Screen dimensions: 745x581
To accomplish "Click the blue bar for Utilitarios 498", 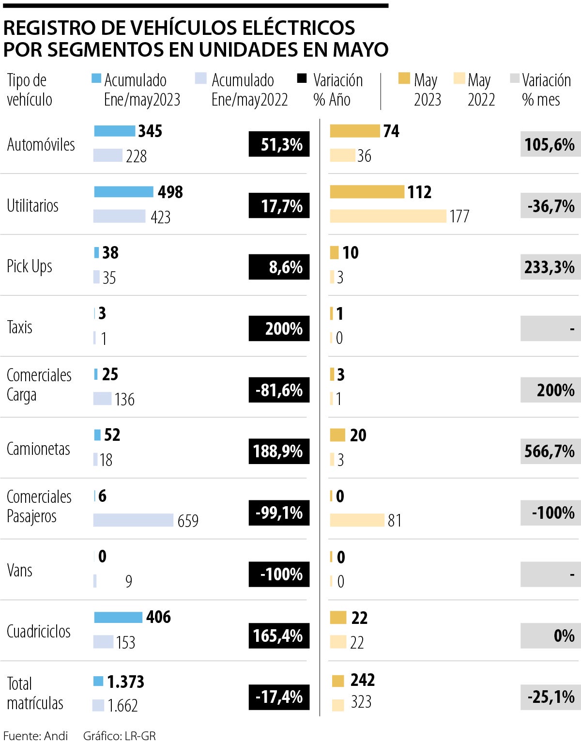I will tap(123, 192).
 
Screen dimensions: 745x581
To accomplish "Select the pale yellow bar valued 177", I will tap(388, 216).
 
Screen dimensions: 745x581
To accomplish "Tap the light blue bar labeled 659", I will tap(133, 520).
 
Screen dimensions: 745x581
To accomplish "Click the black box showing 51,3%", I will tap(279, 144).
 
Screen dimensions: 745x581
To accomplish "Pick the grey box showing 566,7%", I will tap(550, 451).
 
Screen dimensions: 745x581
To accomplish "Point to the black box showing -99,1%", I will tap(279, 512).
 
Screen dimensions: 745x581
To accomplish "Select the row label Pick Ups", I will tap(30, 266).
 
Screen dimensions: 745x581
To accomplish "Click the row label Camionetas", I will tap(38, 449).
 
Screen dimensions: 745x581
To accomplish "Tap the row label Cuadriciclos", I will tap(39, 631).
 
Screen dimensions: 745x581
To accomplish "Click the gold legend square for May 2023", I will tap(404, 78).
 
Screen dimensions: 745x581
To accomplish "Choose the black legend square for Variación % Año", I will tap(302, 78).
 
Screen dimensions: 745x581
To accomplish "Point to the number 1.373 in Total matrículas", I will tap(125, 682).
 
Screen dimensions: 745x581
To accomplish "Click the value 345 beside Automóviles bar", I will tap(150, 131).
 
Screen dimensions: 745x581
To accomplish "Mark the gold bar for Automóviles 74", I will tap(355, 131).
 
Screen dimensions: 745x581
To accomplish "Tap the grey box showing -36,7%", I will tap(550, 206).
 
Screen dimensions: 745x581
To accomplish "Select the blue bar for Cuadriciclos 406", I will tap(118, 617).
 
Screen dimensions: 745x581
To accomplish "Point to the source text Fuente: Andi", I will tap(35, 736).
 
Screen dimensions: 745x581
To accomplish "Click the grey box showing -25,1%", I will tap(550, 697).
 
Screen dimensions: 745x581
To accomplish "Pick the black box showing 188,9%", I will tap(279, 451).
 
